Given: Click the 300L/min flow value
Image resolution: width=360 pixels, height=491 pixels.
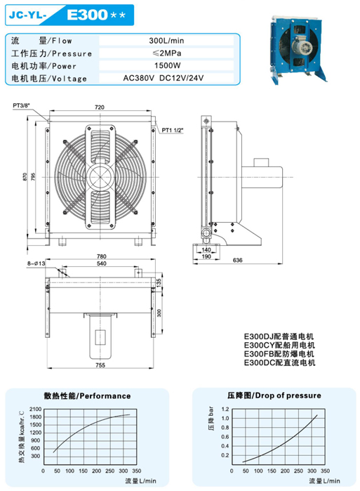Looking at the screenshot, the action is point(166,41).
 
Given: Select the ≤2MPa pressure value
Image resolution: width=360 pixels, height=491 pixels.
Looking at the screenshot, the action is point(167,53).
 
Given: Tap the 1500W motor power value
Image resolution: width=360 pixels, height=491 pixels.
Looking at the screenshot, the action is point(167,65).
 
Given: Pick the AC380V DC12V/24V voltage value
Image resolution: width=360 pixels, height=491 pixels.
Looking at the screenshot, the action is point(164,78).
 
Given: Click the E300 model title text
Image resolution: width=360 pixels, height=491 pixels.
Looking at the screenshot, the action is point(87,15).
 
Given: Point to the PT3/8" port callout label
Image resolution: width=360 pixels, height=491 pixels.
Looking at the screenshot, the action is point(21,106).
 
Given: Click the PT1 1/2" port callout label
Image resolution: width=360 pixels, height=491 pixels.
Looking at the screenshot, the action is point(172,130).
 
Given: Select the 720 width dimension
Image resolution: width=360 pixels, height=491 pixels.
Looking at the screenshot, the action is point(100,107).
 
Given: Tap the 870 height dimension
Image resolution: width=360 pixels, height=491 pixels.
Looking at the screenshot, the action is point(25,177).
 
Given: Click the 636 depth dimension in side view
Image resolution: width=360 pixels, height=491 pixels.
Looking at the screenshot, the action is point(238,260).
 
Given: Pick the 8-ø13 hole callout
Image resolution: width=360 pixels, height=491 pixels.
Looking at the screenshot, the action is point(36,263).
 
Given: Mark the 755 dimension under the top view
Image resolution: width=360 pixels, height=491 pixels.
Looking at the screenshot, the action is point(100,365).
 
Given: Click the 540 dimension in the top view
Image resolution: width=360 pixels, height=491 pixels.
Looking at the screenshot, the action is point(102,263).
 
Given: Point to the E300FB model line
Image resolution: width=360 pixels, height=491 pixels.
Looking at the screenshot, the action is point(279,354).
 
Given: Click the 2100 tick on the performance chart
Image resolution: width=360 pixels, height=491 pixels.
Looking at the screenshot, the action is point(35,410).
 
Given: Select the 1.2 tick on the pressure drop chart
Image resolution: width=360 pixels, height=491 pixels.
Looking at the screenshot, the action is point(225,409).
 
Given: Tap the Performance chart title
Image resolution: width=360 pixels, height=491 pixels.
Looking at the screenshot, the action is point(87,395).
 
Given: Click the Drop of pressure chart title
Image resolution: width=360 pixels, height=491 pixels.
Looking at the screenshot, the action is point(274,395).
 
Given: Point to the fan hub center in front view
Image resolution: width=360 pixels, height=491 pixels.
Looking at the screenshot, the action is point(100,177).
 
